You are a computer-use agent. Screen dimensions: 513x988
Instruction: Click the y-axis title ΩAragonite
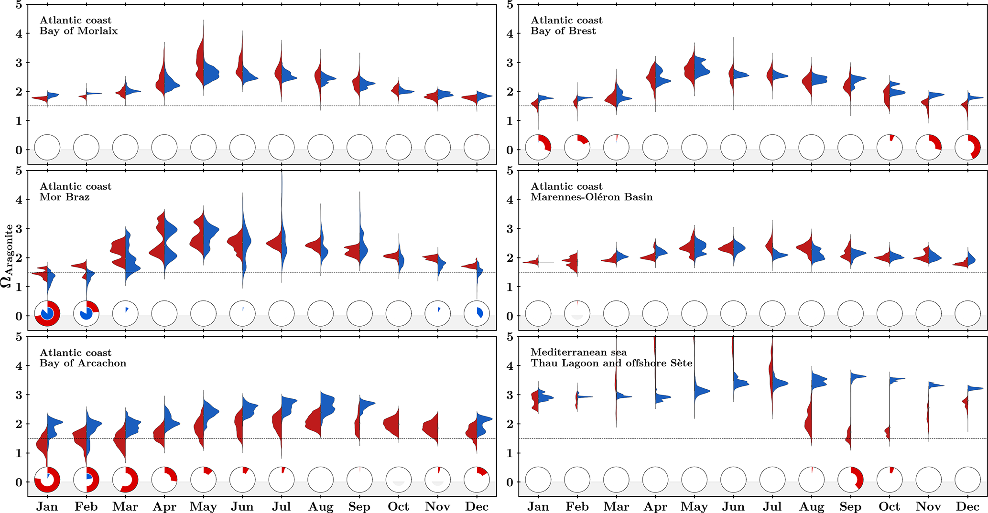coord(7,256)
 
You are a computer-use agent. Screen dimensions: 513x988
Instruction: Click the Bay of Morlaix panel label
coord(78,26)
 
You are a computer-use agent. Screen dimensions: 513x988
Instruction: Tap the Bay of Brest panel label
coord(566,26)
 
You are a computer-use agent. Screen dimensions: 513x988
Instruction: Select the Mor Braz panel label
coord(75,192)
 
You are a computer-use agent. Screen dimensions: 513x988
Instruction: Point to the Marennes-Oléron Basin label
coord(591,192)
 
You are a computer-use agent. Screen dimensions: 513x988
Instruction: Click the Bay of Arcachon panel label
coord(83,358)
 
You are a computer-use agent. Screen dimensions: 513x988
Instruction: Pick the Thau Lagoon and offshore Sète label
coord(611,358)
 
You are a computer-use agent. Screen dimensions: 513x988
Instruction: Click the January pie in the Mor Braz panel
coord(47,313)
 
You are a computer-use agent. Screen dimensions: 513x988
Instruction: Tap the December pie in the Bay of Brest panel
coord(967,147)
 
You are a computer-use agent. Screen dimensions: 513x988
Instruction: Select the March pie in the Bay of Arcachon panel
coord(125,480)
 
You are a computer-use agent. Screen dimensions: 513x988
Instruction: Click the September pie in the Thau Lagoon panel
coord(851,480)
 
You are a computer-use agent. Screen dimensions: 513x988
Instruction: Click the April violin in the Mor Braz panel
coord(164,244)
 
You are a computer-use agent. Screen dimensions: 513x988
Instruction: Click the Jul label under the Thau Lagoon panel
coord(772,507)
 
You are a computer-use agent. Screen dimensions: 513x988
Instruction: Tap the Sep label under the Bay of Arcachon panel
coord(359,507)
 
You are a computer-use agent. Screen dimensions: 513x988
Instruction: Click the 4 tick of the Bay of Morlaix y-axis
coord(19,33)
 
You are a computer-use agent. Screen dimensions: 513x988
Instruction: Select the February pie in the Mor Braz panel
coord(87,313)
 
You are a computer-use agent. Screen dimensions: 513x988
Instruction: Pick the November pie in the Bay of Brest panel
coord(929,147)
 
